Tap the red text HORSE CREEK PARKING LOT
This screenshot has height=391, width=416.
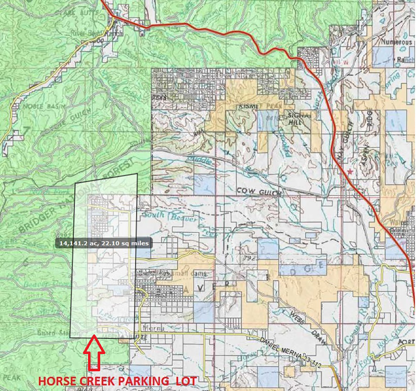pos(118,381)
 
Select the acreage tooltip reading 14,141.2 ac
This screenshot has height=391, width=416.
pos(104,243)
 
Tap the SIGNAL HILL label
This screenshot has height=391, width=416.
pos(296,118)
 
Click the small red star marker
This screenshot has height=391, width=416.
pos(350,172)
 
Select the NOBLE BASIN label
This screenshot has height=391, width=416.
pos(38,106)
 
